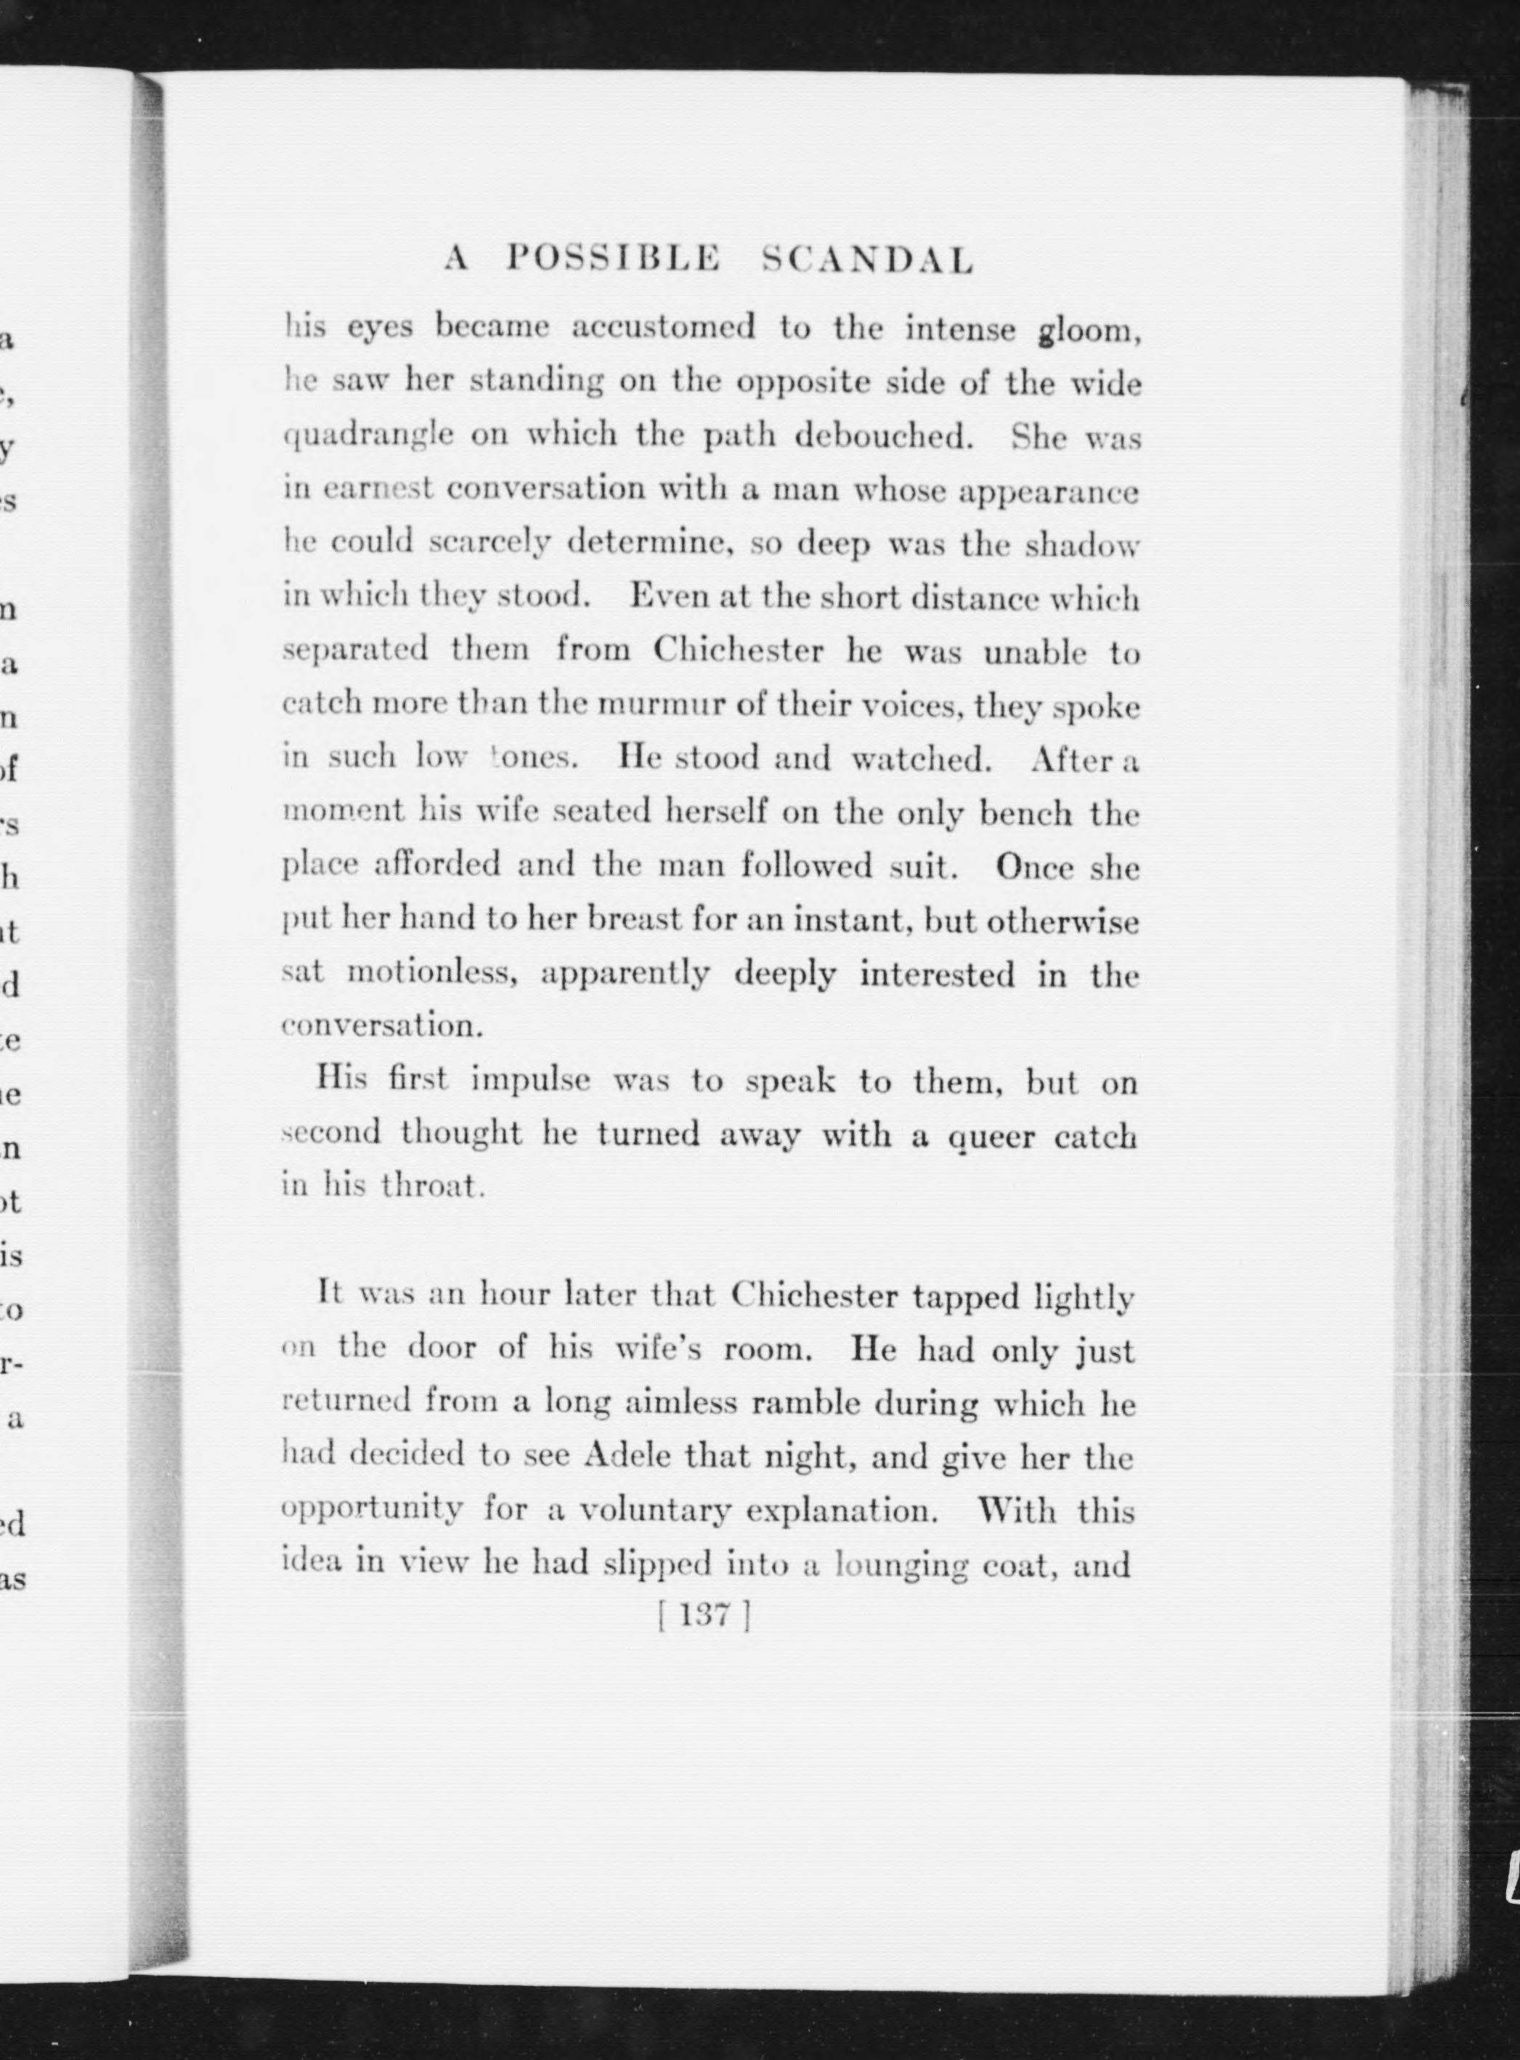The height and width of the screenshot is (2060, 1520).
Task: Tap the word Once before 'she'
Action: [x=1034, y=868]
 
